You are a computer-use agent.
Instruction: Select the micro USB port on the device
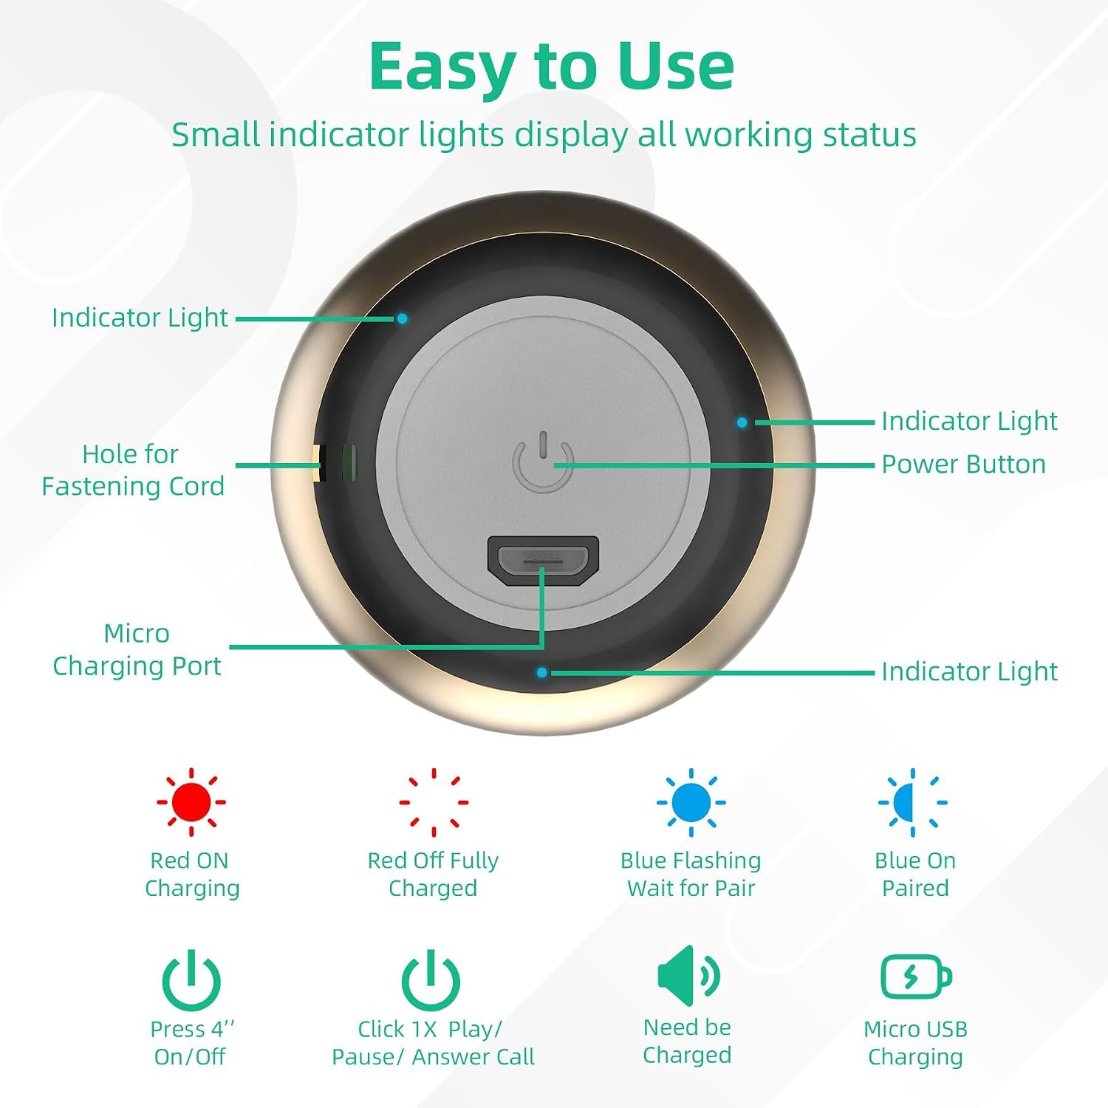pyautogui.click(x=543, y=561)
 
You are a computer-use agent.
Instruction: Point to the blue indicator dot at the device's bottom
pyautogui.click(x=542, y=672)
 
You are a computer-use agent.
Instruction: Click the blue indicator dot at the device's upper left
pyautogui.click(x=402, y=318)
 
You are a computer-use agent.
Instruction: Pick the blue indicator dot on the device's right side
pyautogui.click(x=742, y=423)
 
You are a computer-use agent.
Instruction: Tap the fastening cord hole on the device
pyautogui.click(x=334, y=463)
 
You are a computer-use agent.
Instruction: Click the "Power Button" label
pyautogui.click(x=963, y=464)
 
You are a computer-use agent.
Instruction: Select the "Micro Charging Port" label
pyautogui.click(x=137, y=649)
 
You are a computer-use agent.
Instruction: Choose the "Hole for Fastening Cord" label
pyautogui.click(x=133, y=470)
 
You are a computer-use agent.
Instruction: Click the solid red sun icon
pyautogui.click(x=191, y=801)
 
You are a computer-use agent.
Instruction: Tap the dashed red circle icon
pyautogui.click(x=434, y=801)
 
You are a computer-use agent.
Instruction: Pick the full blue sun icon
pyautogui.click(x=691, y=802)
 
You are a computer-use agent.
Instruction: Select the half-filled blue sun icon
pyautogui.click(x=913, y=802)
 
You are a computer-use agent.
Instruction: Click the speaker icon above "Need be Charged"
pyautogui.click(x=688, y=975)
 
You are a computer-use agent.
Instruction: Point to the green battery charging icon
pyautogui.click(x=916, y=977)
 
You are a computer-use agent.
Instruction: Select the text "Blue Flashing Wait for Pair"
pyautogui.click(x=691, y=874)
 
